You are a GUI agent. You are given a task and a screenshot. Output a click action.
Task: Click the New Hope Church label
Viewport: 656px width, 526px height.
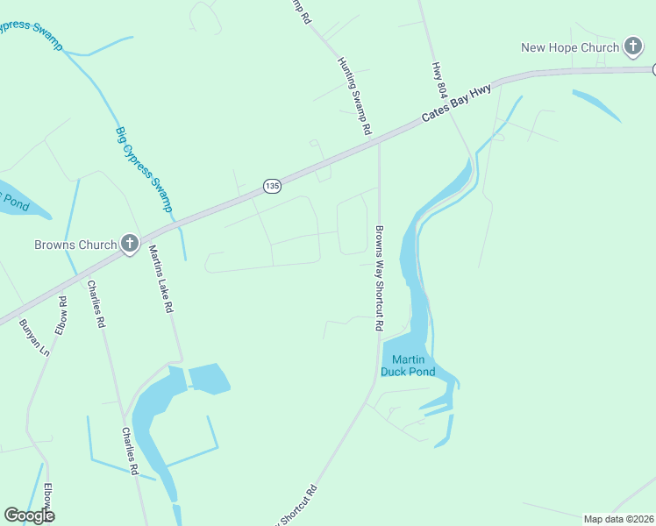(570, 47)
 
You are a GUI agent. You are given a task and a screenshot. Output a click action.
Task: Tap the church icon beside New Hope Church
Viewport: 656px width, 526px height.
(633, 46)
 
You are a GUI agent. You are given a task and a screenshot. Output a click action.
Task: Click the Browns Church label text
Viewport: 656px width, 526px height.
(75, 245)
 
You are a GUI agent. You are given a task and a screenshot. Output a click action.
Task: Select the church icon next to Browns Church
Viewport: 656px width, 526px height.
(130, 244)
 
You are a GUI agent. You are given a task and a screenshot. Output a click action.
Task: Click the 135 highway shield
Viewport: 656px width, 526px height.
(273, 187)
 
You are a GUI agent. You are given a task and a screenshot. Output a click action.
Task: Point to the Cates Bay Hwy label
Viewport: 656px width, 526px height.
(455, 103)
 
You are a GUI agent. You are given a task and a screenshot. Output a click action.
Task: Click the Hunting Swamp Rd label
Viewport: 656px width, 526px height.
(354, 96)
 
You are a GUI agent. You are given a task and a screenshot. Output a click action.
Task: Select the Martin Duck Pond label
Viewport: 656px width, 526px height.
(408, 366)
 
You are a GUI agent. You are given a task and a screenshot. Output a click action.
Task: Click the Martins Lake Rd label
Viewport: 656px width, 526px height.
(160, 279)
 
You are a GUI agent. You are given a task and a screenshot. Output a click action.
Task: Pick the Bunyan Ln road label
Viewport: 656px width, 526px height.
(34, 337)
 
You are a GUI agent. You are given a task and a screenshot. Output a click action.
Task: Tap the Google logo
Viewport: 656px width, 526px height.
(29, 515)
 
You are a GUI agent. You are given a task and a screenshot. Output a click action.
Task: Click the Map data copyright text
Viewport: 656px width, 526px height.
(619, 519)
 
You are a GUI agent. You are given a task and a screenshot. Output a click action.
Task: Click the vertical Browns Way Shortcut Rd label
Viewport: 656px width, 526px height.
(379, 278)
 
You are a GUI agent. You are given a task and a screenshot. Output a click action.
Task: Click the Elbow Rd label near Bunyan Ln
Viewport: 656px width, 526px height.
(61, 316)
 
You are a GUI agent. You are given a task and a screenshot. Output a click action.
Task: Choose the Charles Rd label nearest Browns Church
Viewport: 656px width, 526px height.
(96, 303)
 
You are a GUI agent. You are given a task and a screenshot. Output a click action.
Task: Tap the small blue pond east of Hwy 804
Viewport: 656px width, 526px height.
(596, 104)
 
